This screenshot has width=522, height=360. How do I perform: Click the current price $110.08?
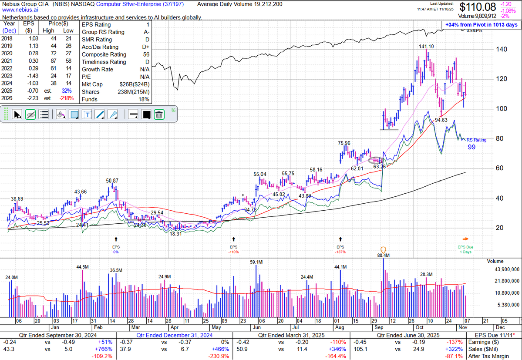478,7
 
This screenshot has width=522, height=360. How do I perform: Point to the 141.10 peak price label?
427,47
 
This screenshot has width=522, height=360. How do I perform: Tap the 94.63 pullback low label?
441,120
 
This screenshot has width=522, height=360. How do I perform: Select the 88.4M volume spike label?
383,255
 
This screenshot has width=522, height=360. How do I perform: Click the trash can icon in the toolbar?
159,114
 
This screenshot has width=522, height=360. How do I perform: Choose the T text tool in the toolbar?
87,114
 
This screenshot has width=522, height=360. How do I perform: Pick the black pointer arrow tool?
17,114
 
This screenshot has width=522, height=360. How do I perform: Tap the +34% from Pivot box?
481,25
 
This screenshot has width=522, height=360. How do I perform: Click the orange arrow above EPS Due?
465,239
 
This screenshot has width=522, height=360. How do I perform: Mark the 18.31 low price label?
175,233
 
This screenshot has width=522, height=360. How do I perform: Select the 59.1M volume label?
256,262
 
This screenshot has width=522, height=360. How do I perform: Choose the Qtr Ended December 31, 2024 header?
174,335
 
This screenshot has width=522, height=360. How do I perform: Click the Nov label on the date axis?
465,326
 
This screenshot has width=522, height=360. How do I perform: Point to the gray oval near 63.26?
377,160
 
